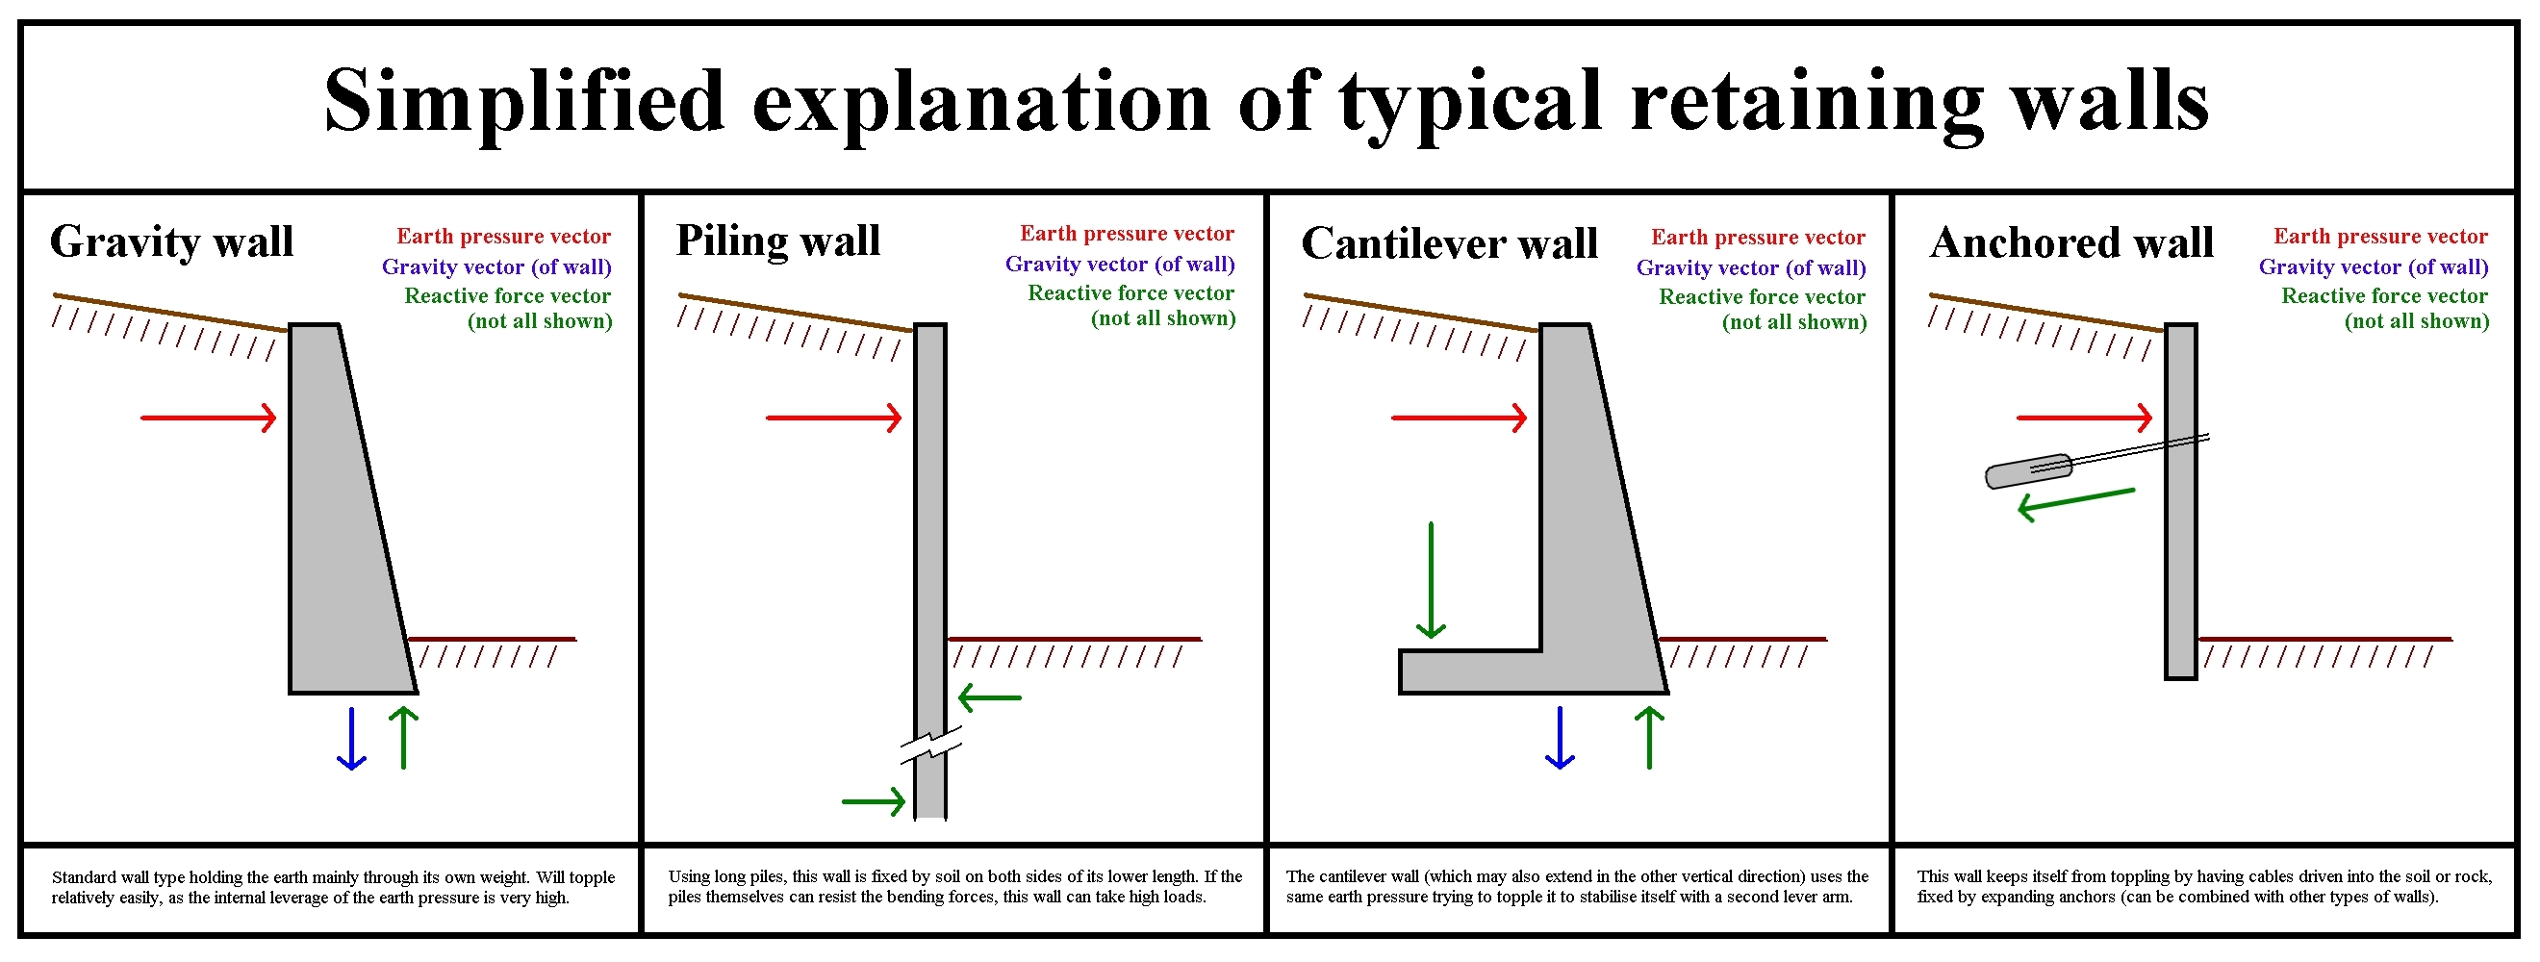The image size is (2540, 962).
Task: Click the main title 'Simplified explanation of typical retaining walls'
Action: (1266, 103)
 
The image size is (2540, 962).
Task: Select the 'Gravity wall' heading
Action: (171, 242)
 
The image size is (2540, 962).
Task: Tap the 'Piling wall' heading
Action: (778, 241)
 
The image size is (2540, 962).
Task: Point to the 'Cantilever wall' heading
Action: (1450, 243)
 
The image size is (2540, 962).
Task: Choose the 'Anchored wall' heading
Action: (2071, 242)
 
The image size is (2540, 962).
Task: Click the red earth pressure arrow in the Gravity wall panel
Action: (209, 418)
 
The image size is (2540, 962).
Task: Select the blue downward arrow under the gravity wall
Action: (351, 737)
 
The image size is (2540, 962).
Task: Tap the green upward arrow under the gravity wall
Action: (403, 737)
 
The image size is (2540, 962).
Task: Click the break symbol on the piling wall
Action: (930, 746)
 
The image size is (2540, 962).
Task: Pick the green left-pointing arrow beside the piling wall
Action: (990, 697)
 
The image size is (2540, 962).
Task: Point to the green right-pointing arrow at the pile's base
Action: (874, 802)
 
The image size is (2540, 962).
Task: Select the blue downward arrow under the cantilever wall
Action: (1559, 737)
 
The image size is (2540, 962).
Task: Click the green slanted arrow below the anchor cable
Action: (2075, 504)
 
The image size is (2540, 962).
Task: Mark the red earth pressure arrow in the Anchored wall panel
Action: (2085, 418)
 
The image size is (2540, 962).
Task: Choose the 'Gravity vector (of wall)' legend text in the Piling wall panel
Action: (1120, 265)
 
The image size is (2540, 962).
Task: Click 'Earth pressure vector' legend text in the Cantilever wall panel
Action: (1758, 238)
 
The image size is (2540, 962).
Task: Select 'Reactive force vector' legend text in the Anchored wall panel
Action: (2384, 295)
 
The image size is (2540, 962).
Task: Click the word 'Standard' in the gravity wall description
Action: (84, 877)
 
